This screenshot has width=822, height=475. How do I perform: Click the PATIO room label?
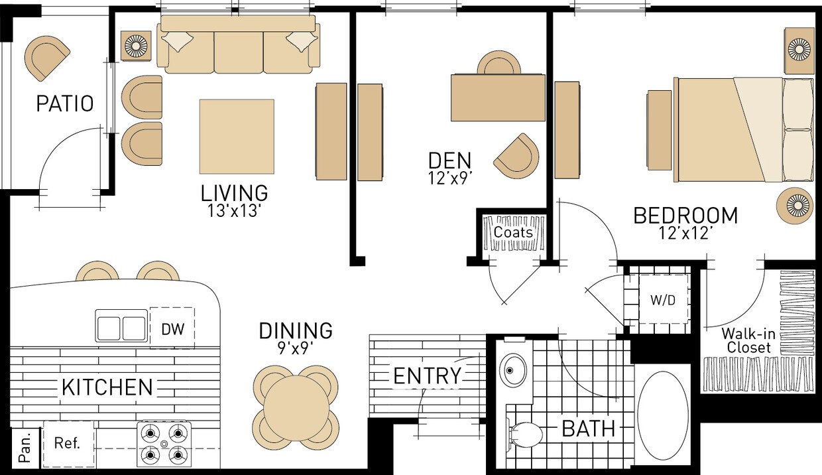pyautogui.click(x=65, y=103)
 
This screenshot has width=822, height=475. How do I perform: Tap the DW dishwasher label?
pyautogui.click(x=173, y=329)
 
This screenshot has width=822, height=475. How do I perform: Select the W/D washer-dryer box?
pyautogui.click(x=663, y=299)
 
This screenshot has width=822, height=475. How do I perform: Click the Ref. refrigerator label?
pyautogui.click(x=67, y=443)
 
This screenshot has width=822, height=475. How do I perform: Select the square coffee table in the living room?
pyautogui.click(x=237, y=136)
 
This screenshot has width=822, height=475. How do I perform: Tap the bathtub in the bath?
pyautogui.click(x=663, y=416)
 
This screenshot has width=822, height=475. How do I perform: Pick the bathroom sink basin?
pyautogui.click(x=513, y=370)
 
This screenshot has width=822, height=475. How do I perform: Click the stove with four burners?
pyautogui.click(x=164, y=444)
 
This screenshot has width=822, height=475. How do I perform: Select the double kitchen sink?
pyautogui.click(x=121, y=326)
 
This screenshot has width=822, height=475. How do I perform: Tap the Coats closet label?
pyautogui.click(x=513, y=232)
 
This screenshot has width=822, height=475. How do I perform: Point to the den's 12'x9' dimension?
pyautogui.click(x=449, y=178)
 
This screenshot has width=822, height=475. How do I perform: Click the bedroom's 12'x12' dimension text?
pyautogui.click(x=685, y=233)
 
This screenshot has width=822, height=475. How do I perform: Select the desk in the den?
pyautogui.click(x=498, y=98)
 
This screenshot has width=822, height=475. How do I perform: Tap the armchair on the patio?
pyautogui.click(x=46, y=57)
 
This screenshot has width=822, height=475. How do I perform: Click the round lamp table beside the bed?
pyautogui.click(x=795, y=206)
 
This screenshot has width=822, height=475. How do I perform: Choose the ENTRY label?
pyautogui.click(x=427, y=375)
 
